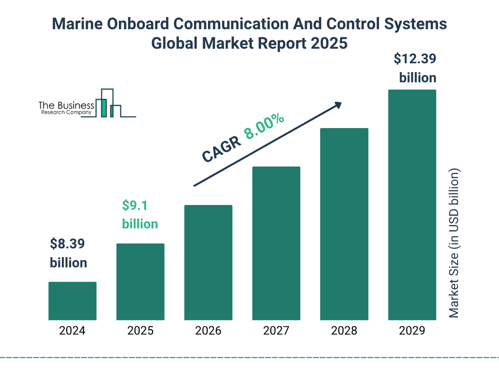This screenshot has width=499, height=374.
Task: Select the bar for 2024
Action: tap(72, 301)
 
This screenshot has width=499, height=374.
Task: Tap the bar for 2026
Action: tap(208, 262)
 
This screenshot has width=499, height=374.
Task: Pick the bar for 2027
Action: tap(276, 243)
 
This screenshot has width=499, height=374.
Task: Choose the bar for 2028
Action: tap(344, 224)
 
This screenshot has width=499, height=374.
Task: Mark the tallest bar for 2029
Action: tap(412, 205)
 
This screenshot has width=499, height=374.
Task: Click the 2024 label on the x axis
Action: tap(72, 331)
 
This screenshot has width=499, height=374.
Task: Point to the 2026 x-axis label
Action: tap(208, 331)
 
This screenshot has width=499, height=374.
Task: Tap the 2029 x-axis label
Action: tap(412, 331)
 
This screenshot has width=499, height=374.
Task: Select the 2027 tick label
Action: tap(276, 331)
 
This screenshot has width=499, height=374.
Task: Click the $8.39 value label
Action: tap(69, 243)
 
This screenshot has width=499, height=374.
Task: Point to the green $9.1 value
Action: tap(135, 206)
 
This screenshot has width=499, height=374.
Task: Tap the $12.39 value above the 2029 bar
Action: tap(415, 59)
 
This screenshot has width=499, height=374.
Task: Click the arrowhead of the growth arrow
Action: tap(338, 105)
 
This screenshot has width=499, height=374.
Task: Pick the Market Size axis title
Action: tap(454, 243)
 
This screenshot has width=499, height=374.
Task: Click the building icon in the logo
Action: tap(108, 103)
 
